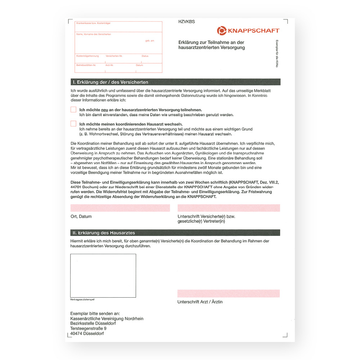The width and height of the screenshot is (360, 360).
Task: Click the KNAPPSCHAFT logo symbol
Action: [222, 31]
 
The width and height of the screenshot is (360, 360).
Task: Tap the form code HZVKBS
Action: [186, 22]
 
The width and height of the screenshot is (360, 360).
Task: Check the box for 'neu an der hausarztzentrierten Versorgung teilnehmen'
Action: [73, 109]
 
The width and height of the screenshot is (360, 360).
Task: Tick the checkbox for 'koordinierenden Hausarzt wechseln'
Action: [73, 124]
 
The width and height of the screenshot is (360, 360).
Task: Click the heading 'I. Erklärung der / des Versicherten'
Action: [111, 82]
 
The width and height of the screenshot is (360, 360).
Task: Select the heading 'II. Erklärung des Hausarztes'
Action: [104, 233]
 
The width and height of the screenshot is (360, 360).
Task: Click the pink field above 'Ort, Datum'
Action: [120, 208]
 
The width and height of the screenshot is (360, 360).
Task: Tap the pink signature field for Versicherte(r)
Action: [229, 208]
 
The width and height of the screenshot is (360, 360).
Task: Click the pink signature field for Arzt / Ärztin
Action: [229, 293]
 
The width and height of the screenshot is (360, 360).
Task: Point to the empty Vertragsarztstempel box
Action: [103, 275]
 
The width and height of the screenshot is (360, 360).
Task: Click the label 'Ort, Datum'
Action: [81, 217]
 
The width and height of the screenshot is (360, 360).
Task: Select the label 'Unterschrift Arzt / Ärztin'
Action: [200, 302]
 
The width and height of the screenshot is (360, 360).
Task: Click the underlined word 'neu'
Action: [105, 110]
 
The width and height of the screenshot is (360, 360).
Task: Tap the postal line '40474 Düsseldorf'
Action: [87, 334]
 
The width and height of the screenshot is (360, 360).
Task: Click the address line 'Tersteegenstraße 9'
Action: [89, 329]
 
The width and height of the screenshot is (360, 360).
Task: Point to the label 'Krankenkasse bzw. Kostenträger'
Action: [93, 23]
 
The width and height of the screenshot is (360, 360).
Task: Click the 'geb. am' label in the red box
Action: [150, 41]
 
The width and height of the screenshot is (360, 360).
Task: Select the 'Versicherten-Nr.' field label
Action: [114, 56]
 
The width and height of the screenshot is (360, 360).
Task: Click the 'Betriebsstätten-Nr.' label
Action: [86, 65]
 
